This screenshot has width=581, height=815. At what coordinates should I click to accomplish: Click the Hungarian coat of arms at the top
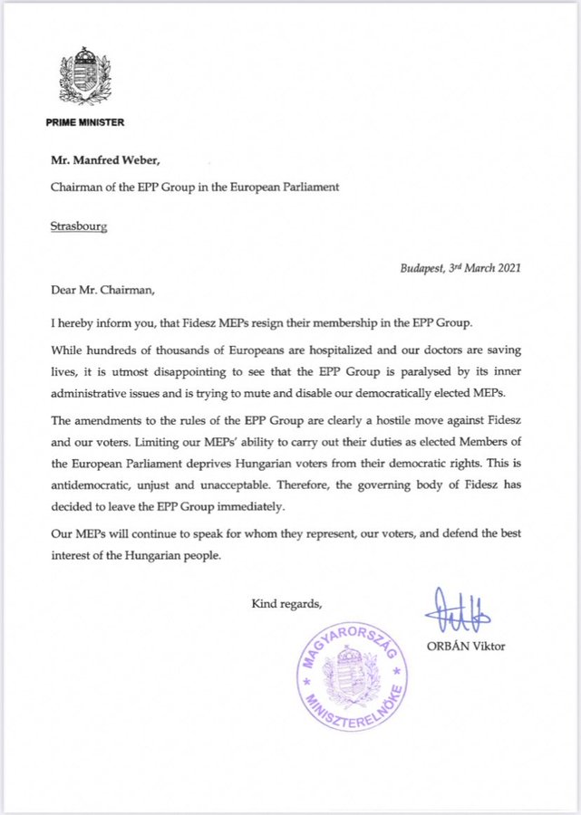[84, 79]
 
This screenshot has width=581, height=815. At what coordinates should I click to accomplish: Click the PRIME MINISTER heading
[85, 121]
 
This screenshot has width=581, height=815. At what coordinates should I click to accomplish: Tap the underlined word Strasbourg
[79, 225]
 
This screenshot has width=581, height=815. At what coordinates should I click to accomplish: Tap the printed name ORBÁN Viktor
[467, 646]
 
